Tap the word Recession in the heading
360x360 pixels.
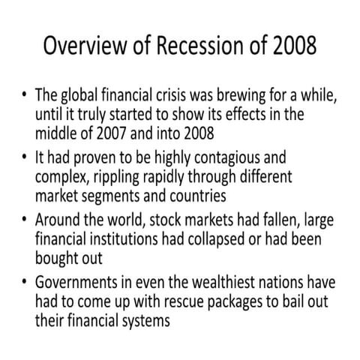(x=198, y=46)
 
